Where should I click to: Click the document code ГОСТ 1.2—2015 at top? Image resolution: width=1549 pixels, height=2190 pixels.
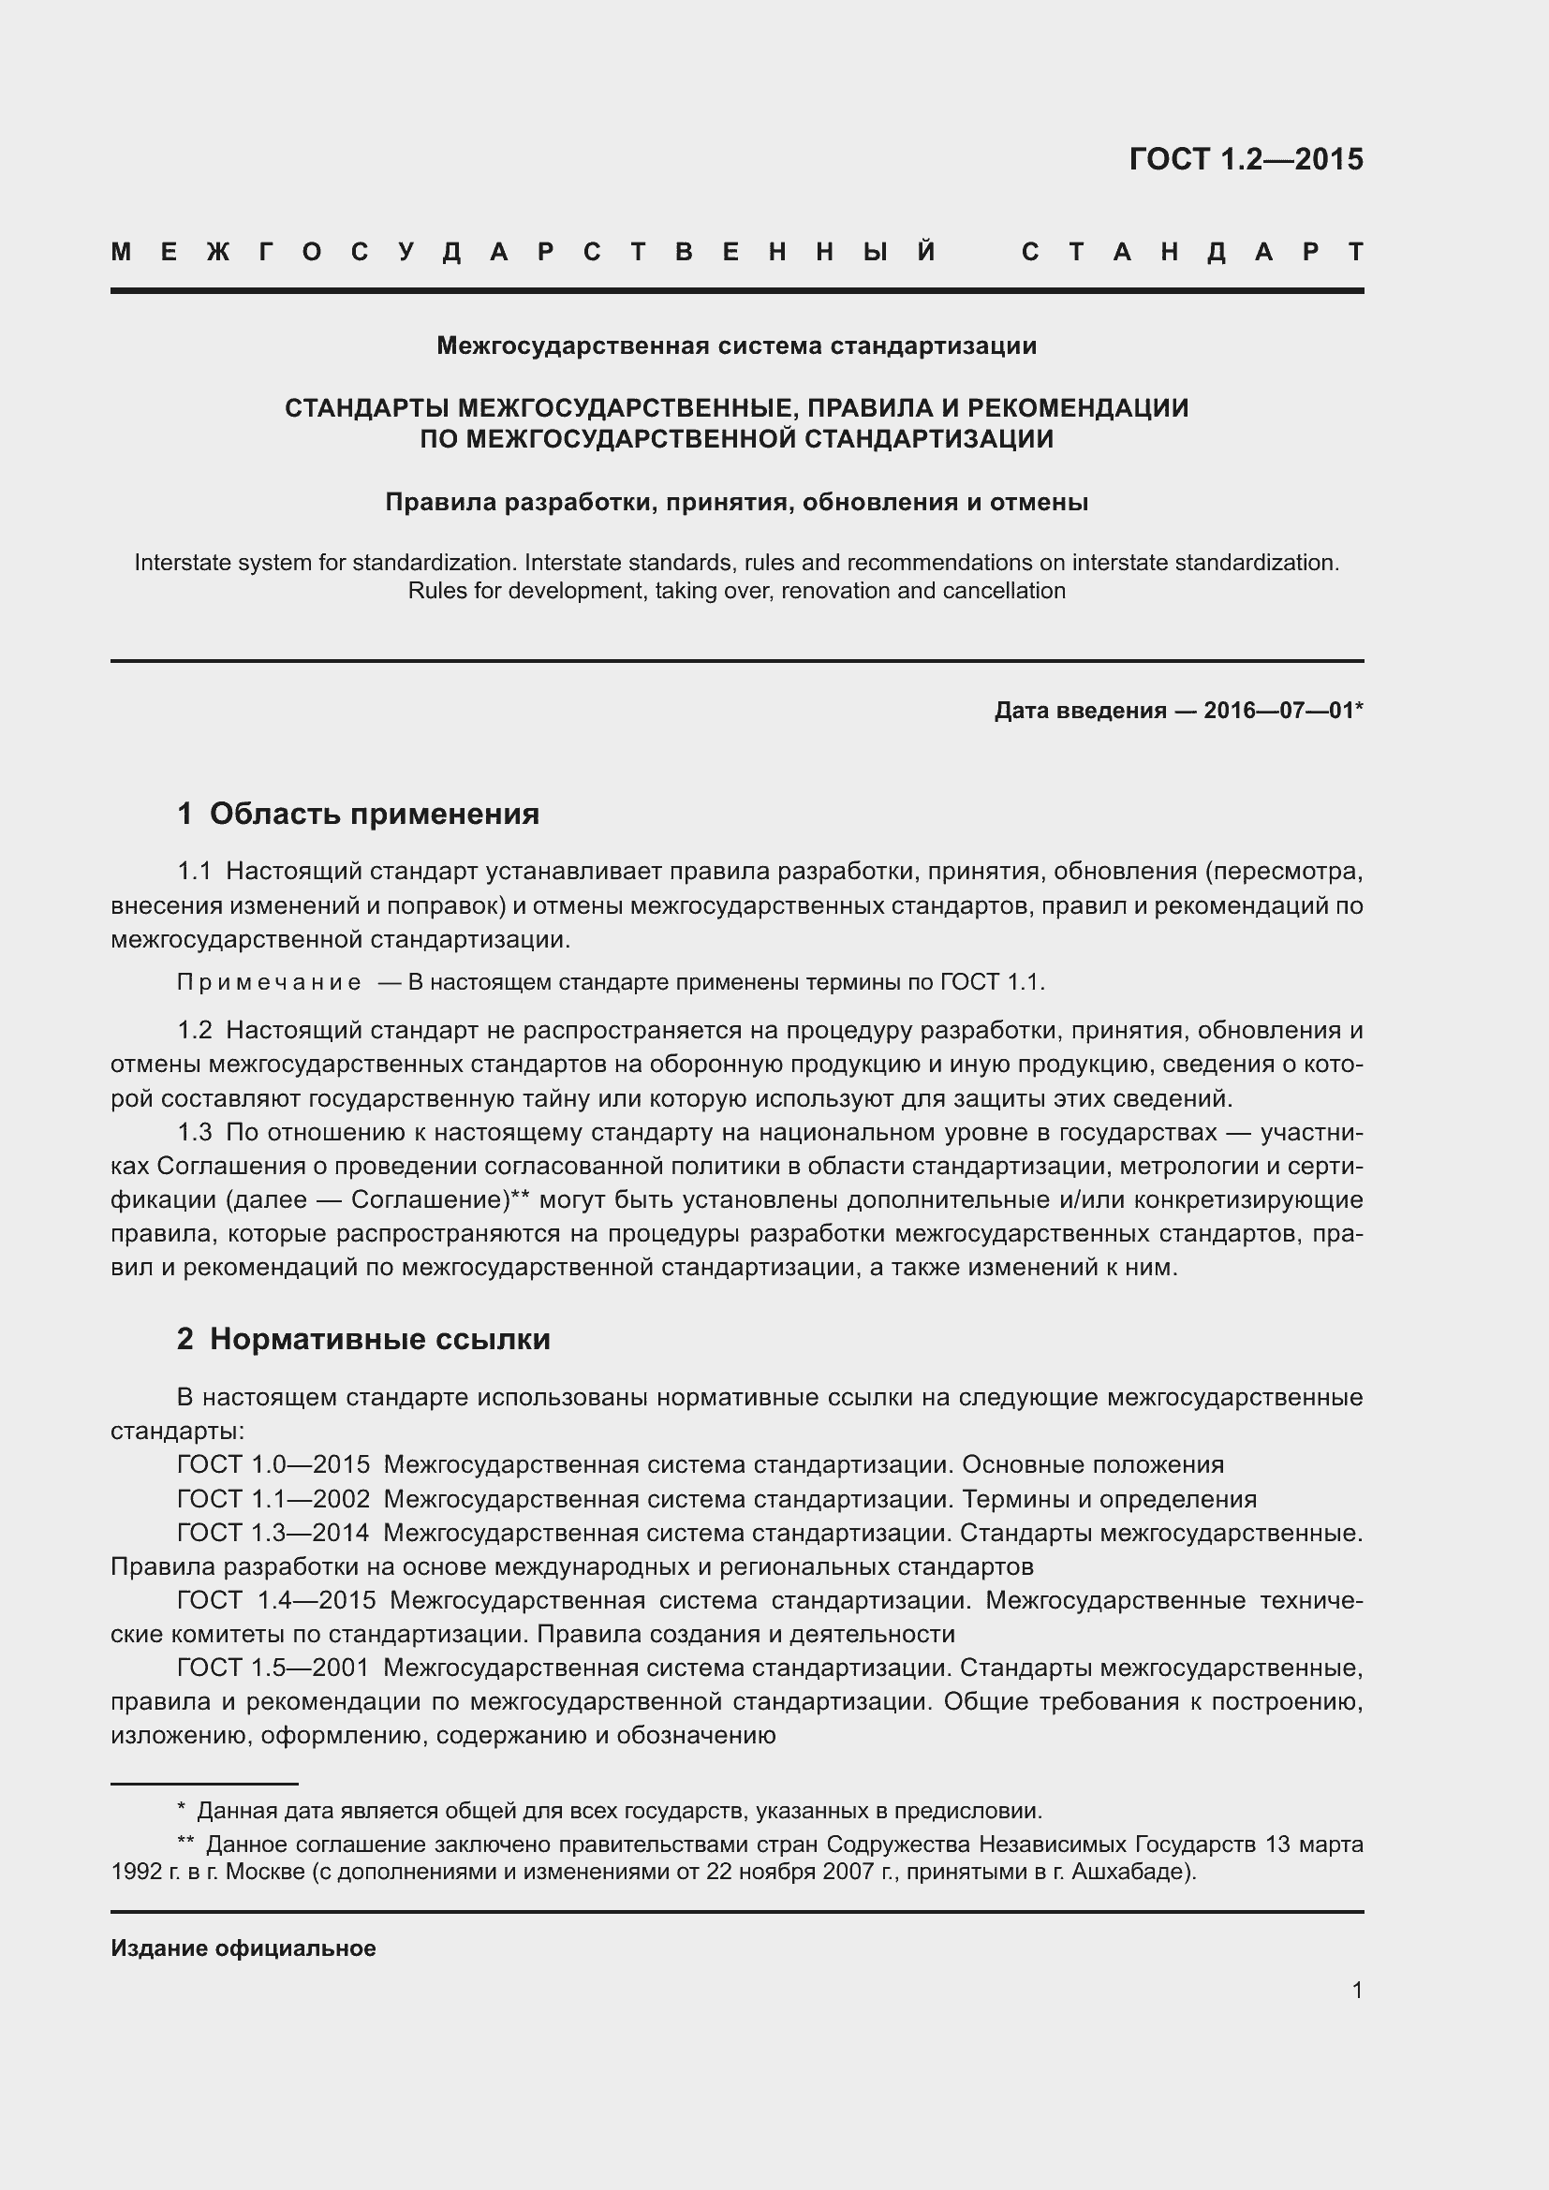1246,159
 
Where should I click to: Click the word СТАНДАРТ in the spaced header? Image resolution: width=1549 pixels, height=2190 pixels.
1192,253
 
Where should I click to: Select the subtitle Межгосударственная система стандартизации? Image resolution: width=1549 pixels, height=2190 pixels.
736,345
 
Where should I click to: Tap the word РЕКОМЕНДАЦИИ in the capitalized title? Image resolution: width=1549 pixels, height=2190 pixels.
1078,408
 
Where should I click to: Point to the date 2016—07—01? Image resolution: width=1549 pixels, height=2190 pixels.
1278,711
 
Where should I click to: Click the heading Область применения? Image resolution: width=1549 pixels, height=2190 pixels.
374,814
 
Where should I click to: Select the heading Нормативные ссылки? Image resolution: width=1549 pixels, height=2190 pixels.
379,1339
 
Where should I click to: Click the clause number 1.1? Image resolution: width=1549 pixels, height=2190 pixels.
194,871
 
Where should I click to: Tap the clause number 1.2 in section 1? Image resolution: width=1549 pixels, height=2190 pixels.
194,1030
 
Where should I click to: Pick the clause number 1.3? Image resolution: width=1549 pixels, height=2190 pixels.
194,1132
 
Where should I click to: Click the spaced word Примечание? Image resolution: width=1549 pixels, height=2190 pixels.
269,982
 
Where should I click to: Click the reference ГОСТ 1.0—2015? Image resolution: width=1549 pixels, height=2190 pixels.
273,1464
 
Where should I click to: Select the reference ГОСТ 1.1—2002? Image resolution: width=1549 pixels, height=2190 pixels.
273,1498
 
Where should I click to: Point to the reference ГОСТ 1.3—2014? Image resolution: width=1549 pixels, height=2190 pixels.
273,1533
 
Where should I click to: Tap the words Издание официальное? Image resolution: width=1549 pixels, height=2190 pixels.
243,1947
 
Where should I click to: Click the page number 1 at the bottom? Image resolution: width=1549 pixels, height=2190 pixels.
1356,1990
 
